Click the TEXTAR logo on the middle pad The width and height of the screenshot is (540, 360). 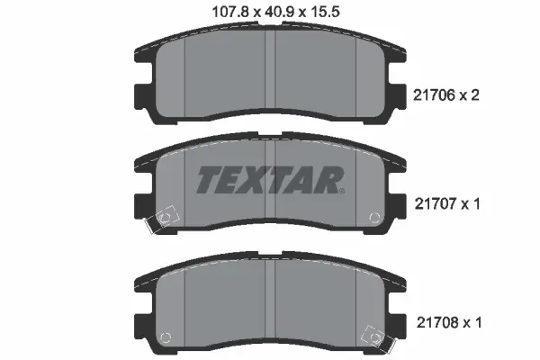click(x=268, y=179)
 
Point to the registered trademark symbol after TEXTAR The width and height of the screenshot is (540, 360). click(x=341, y=189)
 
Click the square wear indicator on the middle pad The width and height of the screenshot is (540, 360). click(x=165, y=219)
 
